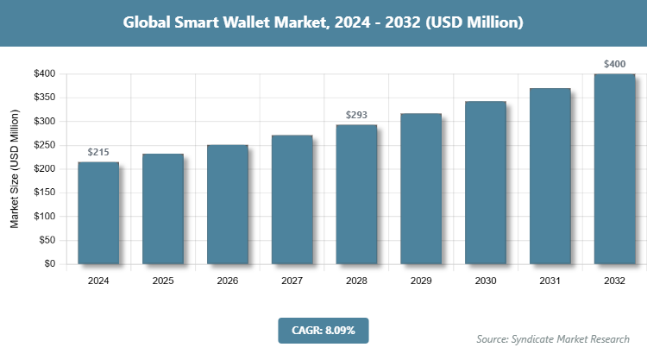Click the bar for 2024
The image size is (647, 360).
click(97, 212)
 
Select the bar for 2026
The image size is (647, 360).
click(227, 205)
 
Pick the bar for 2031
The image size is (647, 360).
click(550, 176)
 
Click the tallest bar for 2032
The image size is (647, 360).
click(614, 169)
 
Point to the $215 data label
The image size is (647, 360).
click(97, 153)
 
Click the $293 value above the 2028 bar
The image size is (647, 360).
click(356, 115)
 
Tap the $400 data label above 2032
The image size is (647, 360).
click(614, 64)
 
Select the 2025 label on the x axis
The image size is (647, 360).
click(162, 281)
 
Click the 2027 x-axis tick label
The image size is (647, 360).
click(292, 281)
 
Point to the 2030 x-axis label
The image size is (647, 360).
click(485, 281)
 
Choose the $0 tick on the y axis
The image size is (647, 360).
click(49, 264)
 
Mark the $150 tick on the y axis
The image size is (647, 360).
click(44, 193)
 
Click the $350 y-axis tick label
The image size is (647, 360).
click(44, 98)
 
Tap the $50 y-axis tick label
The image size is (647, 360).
click(47, 240)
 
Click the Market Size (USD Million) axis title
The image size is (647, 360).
click(15, 169)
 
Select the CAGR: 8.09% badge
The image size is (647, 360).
click(323, 330)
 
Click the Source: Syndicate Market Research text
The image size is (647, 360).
click(553, 338)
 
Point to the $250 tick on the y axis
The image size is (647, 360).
click(44, 145)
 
